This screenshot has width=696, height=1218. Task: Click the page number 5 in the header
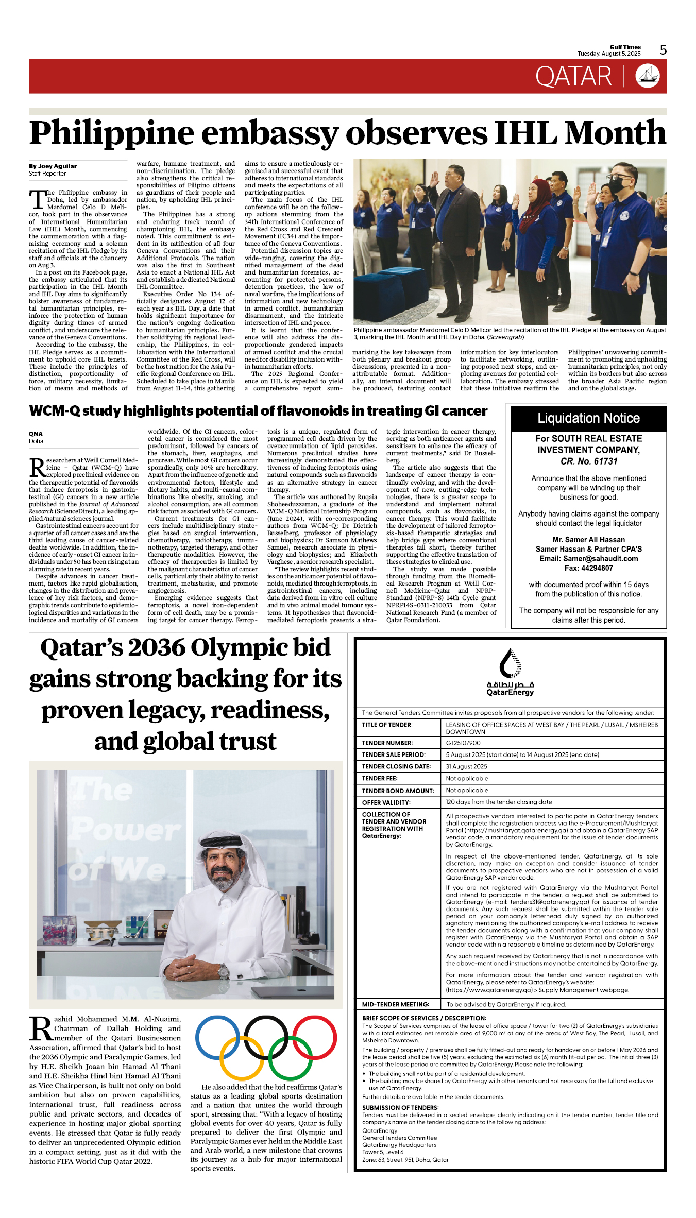663,50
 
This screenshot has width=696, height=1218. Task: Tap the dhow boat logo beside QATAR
648,76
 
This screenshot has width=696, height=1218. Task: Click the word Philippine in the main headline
114,133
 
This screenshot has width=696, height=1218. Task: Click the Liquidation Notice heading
588,418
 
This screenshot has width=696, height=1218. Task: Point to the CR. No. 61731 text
589,461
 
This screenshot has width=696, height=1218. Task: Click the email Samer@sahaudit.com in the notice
589,559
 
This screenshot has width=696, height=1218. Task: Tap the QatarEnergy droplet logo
510,664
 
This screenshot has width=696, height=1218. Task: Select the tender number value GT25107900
463,743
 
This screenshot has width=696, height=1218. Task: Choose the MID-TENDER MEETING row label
396,1005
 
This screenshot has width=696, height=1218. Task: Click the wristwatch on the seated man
224,971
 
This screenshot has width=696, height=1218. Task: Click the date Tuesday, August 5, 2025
609,54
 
